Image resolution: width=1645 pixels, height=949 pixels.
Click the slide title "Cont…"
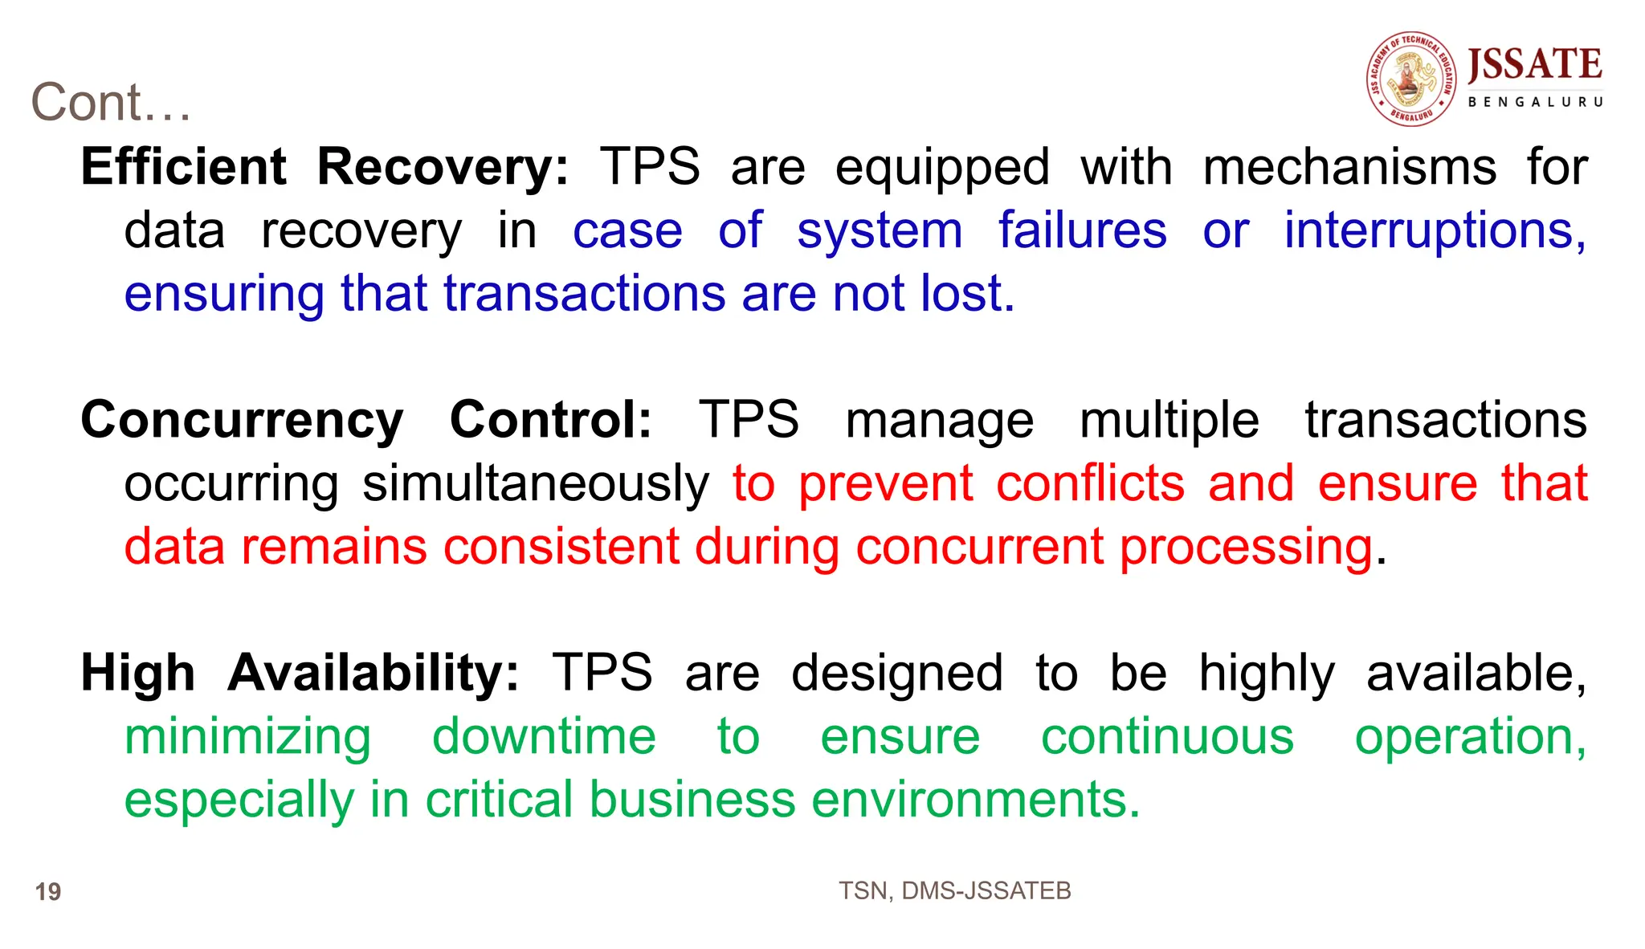(x=111, y=103)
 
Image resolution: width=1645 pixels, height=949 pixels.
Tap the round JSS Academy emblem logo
(x=1411, y=79)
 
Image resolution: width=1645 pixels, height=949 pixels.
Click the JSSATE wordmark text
(x=1534, y=65)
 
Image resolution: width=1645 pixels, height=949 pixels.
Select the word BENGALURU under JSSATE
(x=1535, y=102)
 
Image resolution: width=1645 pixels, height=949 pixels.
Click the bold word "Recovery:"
(x=443, y=167)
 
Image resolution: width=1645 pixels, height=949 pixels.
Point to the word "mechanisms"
(x=1349, y=167)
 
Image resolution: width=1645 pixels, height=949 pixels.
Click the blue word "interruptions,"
(x=1435, y=231)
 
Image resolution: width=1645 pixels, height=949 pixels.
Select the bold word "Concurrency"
(x=242, y=421)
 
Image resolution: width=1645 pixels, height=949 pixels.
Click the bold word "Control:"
(x=551, y=420)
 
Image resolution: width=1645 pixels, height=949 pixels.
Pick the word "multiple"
(x=1169, y=421)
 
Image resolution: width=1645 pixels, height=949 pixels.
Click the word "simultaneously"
(x=536, y=484)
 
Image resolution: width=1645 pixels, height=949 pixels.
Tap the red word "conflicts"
(x=1090, y=483)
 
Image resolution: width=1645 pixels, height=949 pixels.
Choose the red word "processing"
(x=1246, y=548)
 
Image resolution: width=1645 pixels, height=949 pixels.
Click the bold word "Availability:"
(x=373, y=673)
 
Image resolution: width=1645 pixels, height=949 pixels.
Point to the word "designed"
(x=896, y=673)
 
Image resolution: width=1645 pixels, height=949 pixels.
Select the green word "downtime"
(x=544, y=736)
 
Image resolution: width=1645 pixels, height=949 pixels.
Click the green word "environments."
(x=975, y=800)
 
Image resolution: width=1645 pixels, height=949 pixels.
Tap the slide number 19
(x=48, y=892)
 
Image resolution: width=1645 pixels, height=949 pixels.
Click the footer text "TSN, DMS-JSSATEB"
(x=954, y=890)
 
